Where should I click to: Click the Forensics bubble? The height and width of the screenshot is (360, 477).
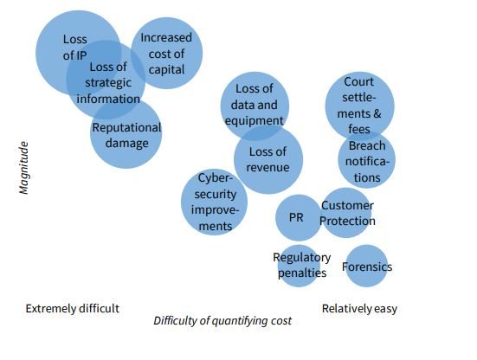[x=367, y=266]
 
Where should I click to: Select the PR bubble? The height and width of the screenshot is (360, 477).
[x=298, y=218]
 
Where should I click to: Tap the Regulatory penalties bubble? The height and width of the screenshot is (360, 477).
[x=299, y=266]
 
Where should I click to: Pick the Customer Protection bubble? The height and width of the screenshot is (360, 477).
[x=346, y=213]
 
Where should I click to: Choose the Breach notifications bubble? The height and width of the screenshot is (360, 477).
[x=366, y=160]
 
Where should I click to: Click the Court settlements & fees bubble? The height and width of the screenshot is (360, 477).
[x=359, y=106]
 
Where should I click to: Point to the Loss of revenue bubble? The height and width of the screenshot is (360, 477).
[x=268, y=159]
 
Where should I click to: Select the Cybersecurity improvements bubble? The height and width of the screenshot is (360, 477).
[x=214, y=202]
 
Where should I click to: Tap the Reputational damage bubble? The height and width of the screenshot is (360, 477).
[x=126, y=133]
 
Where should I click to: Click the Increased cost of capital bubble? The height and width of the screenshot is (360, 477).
[x=167, y=53]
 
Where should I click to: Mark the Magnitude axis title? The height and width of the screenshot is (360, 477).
[x=23, y=168]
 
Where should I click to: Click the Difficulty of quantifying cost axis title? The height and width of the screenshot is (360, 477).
[x=222, y=321]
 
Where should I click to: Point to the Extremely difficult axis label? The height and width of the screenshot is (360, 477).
[x=73, y=309]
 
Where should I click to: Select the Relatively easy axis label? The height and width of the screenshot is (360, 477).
[x=359, y=309]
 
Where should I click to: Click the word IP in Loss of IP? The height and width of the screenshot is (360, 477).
[x=81, y=55]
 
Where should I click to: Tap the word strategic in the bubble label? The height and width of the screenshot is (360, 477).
[x=108, y=83]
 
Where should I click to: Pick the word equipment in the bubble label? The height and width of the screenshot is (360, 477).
[x=254, y=121]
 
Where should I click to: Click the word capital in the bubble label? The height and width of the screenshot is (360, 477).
[x=167, y=70]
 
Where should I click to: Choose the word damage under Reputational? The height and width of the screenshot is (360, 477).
[x=127, y=144]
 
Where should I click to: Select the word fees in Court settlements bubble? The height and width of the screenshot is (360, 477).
[x=359, y=129]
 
